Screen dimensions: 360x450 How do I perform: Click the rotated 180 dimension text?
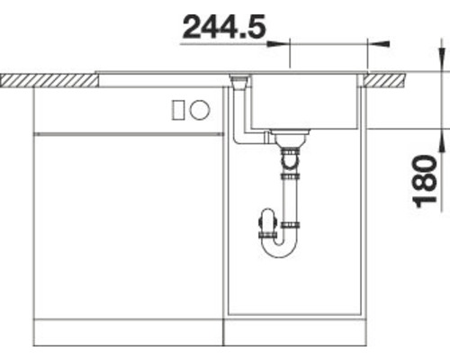(429, 180)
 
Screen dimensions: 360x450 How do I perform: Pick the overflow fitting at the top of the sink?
(238, 82)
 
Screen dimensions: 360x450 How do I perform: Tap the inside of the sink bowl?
(306, 103)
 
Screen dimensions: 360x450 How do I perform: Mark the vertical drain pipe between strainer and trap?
(291, 193)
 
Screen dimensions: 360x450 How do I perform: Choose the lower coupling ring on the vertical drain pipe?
(291, 220)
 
